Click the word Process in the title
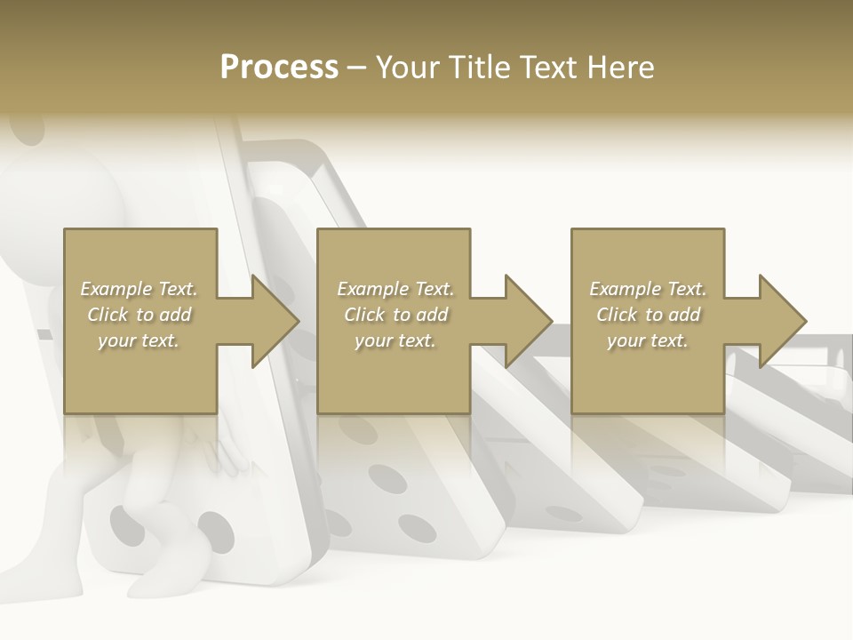(x=279, y=68)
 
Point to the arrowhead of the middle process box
(x=528, y=321)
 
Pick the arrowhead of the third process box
(x=782, y=321)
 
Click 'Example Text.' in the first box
(x=139, y=289)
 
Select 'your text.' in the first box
(x=139, y=340)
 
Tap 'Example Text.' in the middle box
(x=395, y=289)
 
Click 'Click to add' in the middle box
(x=395, y=315)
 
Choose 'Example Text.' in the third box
(x=648, y=289)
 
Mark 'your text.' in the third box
(x=648, y=340)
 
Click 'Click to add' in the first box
(x=139, y=315)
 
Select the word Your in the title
(x=408, y=68)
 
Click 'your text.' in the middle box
(x=395, y=340)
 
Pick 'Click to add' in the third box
(x=648, y=315)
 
